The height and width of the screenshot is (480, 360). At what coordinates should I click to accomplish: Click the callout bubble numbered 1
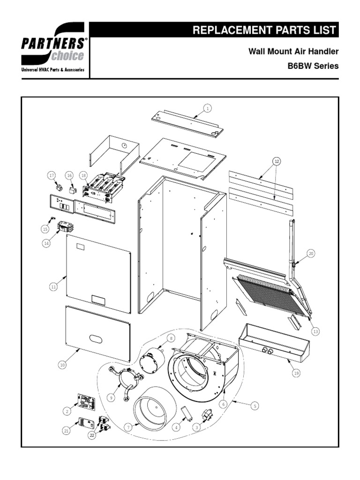coord(207,108)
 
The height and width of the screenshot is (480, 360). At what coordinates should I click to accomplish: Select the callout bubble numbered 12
coord(277,161)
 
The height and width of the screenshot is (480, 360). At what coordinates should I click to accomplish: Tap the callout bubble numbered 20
coord(311,253)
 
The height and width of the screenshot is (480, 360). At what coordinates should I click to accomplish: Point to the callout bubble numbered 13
coord(315,331)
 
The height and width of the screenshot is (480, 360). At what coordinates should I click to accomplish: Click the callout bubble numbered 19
coord(295,373)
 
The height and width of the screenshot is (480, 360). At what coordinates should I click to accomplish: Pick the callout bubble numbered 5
coord(255,406)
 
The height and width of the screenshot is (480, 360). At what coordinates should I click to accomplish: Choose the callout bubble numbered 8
coord(171,337)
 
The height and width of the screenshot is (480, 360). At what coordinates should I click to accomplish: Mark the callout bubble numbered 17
coord(52,175)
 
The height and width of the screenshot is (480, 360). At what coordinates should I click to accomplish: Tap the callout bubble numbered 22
coord(92,435)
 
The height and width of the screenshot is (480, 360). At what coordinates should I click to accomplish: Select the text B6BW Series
coord(313,66)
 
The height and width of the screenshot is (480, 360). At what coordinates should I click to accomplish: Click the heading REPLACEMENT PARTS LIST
coord(264,30)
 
